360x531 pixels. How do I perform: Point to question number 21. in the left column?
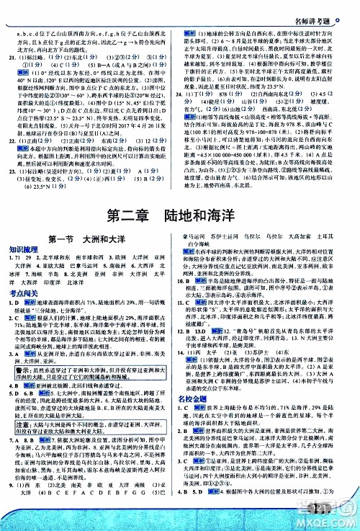click(14, 73)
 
